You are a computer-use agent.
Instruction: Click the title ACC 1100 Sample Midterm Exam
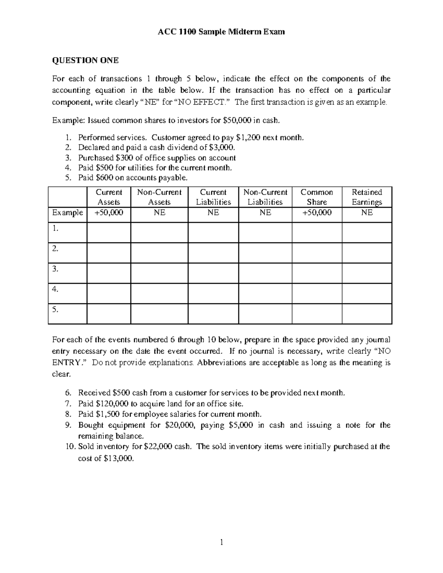tap(221, 32)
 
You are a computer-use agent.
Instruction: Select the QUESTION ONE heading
tap(85, 61)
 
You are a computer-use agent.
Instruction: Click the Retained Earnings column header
tap(367, 197)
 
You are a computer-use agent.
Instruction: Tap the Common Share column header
tap(317, 197)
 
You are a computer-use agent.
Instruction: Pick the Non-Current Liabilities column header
tap(265, 197)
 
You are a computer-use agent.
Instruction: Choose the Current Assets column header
tap(109, 197)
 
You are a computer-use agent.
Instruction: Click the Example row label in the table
tap(68, 213)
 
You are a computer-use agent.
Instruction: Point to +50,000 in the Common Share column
tap(317, 213)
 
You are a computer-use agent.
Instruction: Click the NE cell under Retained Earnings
tap(367, 213)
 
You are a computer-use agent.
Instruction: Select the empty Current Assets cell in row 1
tap(109, 232)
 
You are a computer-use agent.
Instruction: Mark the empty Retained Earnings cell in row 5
tap(367, 314)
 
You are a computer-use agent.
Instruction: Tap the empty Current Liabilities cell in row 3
tap(213, 273)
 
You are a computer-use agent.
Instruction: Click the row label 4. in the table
tap(55, 290)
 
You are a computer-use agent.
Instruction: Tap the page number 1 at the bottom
tap(221, 542)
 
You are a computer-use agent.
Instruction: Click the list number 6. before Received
tap(69, 393)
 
